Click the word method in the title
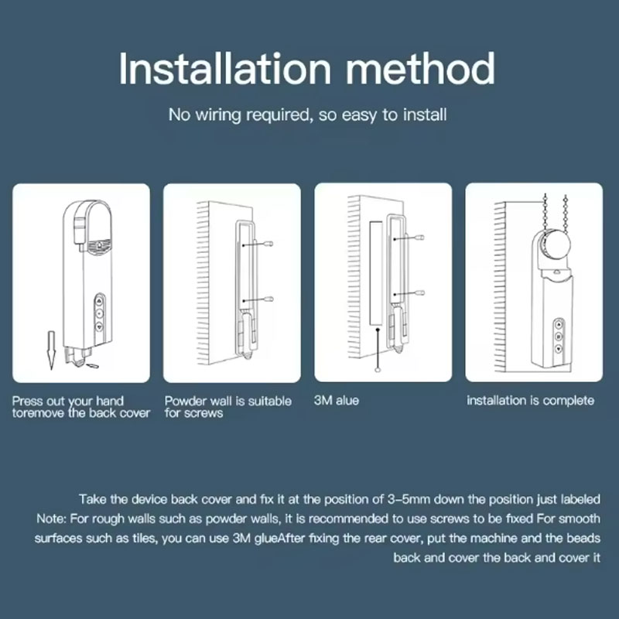(x=420, y=69)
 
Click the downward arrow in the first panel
(x=51, y=351)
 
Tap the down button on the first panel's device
(x=99, y=327)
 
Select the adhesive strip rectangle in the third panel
(x=376, y=273)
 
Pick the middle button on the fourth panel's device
(x=558, y=337)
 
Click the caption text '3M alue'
(x=337, y=400)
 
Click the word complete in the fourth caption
(x=569, y=401)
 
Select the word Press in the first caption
(x=28, y=401)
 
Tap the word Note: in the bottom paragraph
(x=51, y=518)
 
